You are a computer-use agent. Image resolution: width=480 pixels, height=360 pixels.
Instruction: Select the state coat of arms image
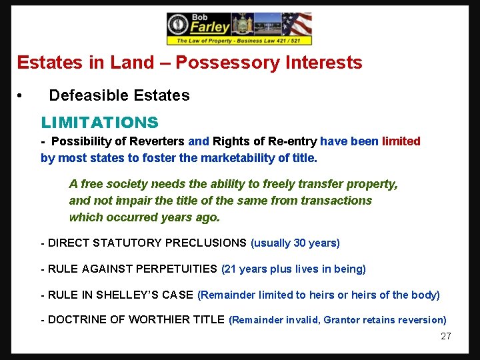(x=243, y=25)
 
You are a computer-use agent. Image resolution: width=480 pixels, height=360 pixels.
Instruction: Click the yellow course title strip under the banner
(x=239, y=41)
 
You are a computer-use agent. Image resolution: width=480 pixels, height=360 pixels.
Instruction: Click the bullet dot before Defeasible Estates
(x=21, y=96)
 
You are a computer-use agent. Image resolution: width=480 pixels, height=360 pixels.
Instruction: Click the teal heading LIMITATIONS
(x=100, y=123)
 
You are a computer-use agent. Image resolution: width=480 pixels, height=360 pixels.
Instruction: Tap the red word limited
(x=401, y=141)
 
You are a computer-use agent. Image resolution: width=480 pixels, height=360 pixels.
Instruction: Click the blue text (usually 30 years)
(x=295, y=243)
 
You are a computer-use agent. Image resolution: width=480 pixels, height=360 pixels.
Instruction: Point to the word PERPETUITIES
(x=176, y=269)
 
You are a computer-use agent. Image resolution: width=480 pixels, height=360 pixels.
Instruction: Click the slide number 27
(x=445, y=337)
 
